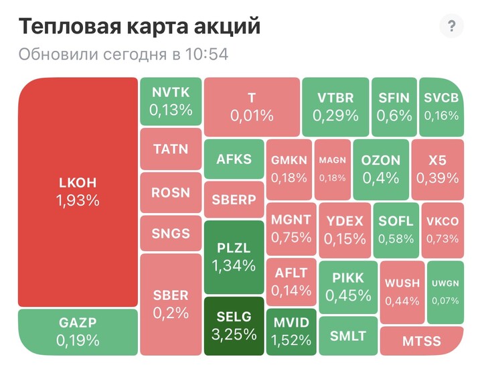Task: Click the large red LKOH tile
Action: pyautogui.click(x=78, y=192)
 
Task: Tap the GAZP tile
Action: pyautogui.click(x=78, y=331)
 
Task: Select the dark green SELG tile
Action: pyautogui.click(x=234, y=325)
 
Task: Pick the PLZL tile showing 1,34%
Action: pyautogui.click(x=234, y=257)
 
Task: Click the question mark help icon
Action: pyautogui.click(x=451, y=27)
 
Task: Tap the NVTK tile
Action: pyautogui.click(x=171, y=102)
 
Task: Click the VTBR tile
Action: pyautogui.click(x=335, y=107)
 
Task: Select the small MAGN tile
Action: pyautogui.click(x=332, y=169)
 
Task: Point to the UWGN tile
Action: pyautogui.click(x=445, y=292)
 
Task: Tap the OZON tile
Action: pyautogui.click(x=380, y=169)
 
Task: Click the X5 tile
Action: pyautogui.click(x=438, y=169)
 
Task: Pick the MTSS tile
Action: pyautogui.click(x=422, y=341)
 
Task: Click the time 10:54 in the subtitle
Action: pyautogui.click(x=208, y=54)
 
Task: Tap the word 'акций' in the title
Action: pyautogui.click(x=227, y=27)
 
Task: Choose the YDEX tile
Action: pyautogui.click(x=345, y=228)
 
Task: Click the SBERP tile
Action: pyautogui.click(x=234, y=200)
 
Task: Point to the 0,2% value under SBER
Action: pyautogui.click(x=171, y=313)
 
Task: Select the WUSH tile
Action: pyautogui.click(x=402, y=292)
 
